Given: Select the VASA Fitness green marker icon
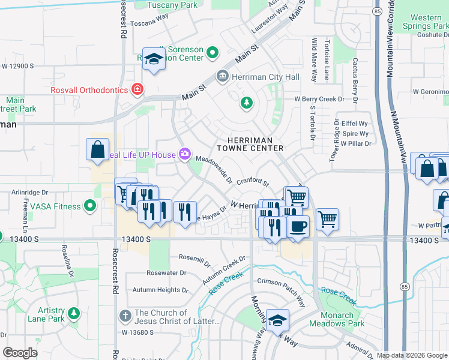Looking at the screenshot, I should click(x=90, y=206).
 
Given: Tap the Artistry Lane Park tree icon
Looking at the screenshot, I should click(x=74, y=313).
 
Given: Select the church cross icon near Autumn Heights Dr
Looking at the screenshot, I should click(x=125, y=314).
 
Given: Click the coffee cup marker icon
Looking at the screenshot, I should click(x=298, y=226).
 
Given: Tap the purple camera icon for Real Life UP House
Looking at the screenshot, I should click(x=184, y=155).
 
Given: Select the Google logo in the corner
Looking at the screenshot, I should click(x=20, y=353).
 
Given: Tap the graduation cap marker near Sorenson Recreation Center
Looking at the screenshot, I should click(x=154, y=59).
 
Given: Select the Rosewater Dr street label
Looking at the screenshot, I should click(x=167, y=272).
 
